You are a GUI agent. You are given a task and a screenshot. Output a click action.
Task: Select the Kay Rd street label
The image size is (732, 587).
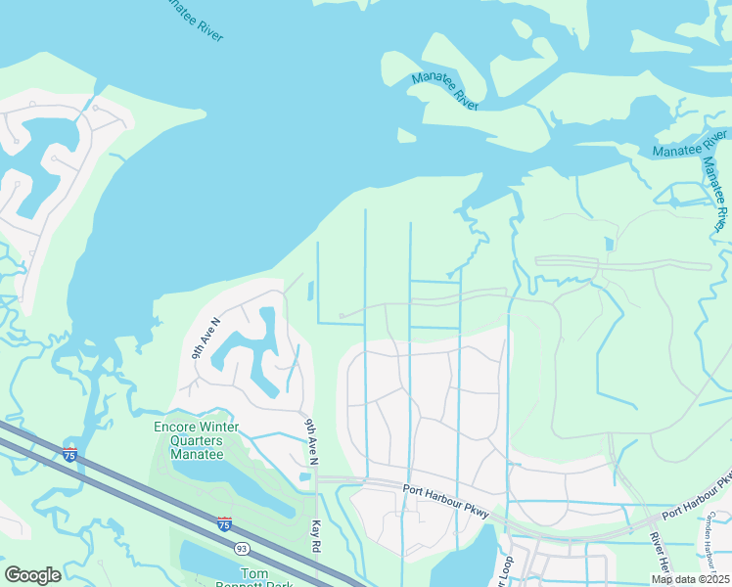(x=316, y=534)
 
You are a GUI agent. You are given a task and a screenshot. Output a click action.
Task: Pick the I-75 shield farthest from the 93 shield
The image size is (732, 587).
(x=69, y=454)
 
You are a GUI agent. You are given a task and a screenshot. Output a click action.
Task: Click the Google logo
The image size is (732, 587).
(x=32, y=575)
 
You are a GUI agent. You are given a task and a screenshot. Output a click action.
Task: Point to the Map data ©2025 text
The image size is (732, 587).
(x=689, y=578)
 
